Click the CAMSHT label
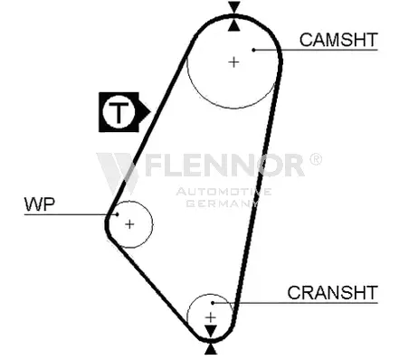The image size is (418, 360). pos(338,40)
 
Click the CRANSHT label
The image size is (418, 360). pos(332,292)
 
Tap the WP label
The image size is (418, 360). pos(40,204)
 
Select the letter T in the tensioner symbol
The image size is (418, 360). pos(119,112)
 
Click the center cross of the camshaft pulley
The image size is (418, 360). pos(233,62)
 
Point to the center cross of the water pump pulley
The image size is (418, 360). pos(129,224)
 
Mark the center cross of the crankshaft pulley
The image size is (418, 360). pos(211,317)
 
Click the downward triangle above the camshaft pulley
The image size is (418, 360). pos(234,7)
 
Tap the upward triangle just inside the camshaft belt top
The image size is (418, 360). pos(234,25)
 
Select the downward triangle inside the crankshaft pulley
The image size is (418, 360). pos(211,331)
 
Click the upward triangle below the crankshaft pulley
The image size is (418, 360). pos(211,349)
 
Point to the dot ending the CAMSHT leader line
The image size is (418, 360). pos(254,50)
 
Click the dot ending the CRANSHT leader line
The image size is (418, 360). pos(213,303)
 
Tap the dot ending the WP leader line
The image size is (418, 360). pos(118,214)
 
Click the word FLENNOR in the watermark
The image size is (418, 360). pos(225,165)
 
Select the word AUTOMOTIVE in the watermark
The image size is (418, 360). pos(223,192)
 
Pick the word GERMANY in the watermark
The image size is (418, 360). pos(223,203)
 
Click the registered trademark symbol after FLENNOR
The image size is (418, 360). pos(316,159)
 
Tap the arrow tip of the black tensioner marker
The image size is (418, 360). pos(150,112)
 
